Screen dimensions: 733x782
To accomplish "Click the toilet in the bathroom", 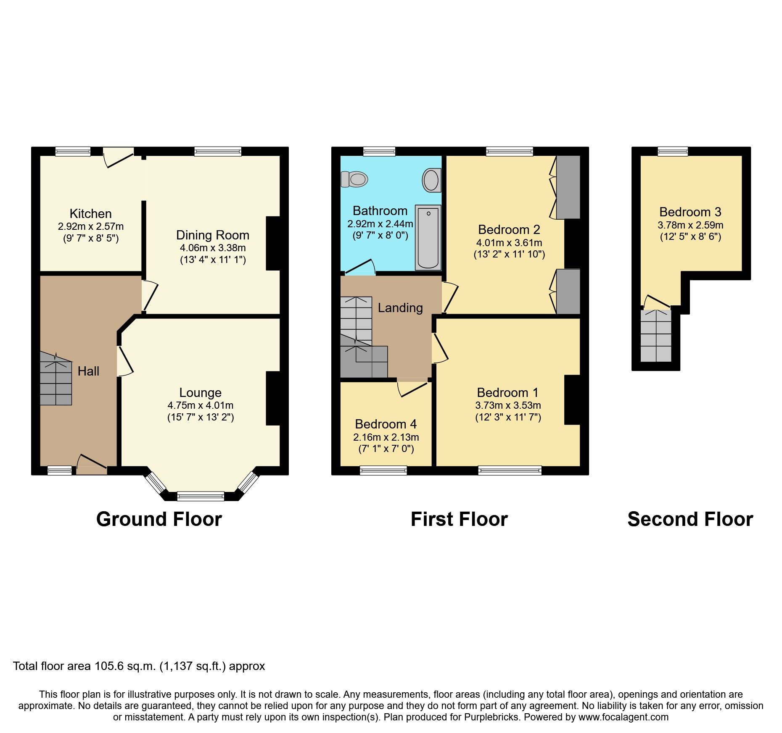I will (354, 179).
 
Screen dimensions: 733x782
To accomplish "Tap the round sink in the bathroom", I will (432, 180).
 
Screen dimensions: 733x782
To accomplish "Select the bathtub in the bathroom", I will (428, 237).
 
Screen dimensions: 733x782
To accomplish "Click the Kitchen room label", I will (90, 213).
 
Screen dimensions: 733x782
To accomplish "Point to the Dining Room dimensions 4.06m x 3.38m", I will (213, 248).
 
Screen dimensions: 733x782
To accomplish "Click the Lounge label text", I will (200, 392).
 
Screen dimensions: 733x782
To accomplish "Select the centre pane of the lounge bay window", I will (201, 497).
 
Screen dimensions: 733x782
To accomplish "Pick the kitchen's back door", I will (119, 157).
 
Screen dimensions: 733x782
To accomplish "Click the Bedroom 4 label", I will (386, 424).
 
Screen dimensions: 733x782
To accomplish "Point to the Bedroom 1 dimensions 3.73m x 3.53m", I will (508, 405).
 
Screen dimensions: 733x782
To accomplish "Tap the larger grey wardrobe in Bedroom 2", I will (568, 187).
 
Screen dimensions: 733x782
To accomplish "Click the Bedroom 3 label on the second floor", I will (690, 212).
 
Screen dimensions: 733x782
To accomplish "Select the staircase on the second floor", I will (655, 336).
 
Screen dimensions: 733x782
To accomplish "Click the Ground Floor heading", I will (159, 519).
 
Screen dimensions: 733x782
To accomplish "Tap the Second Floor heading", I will (690, 519).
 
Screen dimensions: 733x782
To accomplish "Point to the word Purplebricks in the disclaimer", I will (491, 717).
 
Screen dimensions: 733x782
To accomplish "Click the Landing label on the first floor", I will (400, 307).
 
